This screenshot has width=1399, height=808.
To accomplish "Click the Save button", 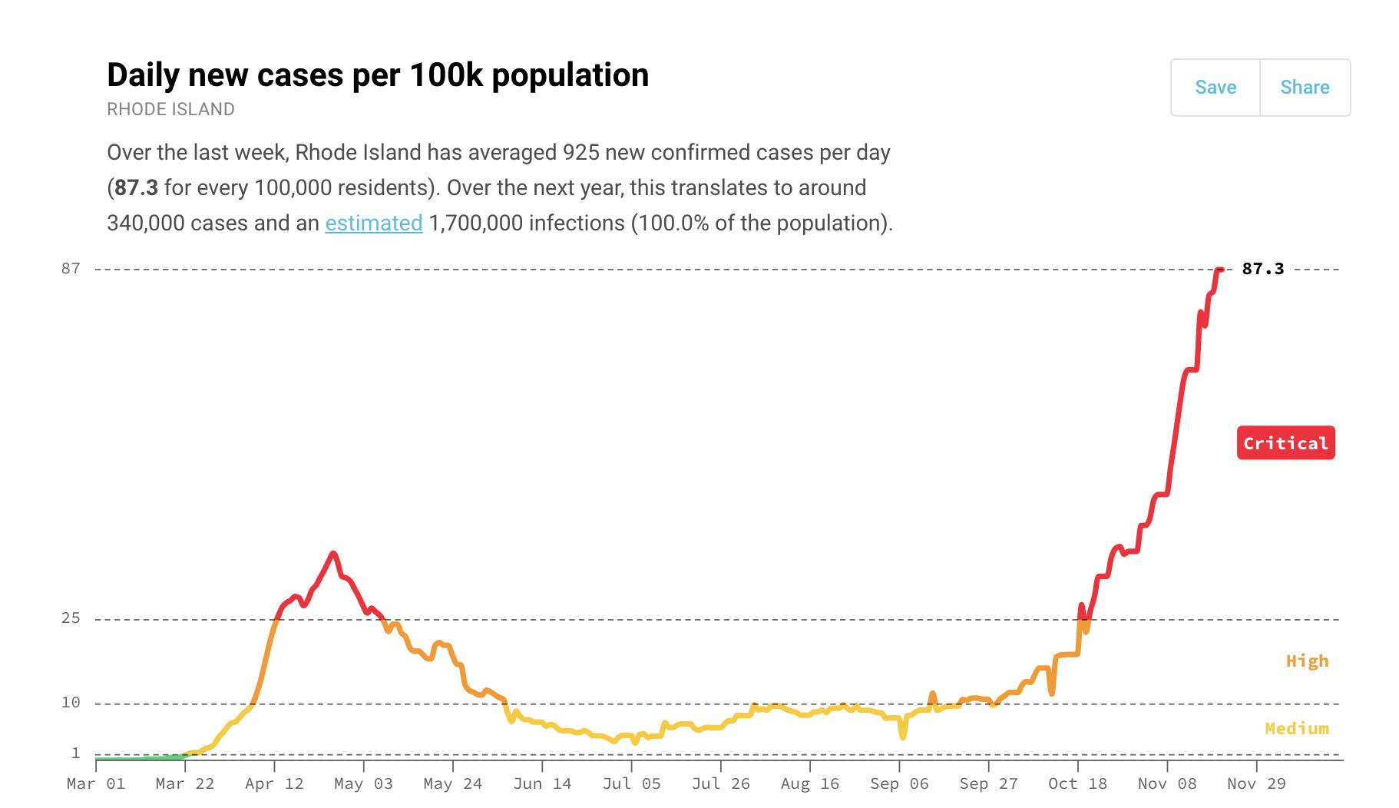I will pos(1215,88).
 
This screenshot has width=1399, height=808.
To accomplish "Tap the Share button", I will pos(1305,88).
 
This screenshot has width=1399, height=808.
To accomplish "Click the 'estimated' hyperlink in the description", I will pos(374,224).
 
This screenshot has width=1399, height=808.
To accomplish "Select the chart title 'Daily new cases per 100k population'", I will pos(378,75).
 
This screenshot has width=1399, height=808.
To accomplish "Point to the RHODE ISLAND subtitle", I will pos(170,109).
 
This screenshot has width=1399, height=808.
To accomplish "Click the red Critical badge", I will pos(1285,443).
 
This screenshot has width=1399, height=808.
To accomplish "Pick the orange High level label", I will pos(1307,661).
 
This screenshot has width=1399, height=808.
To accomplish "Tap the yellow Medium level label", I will pos(1297,728).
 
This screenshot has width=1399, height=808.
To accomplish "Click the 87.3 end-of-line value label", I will pos(1262,269).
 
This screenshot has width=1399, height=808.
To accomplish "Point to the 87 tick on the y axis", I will pos(71,269).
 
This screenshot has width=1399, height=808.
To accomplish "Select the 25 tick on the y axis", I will pos(71,618).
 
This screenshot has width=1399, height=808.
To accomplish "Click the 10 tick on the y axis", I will pos(71,703).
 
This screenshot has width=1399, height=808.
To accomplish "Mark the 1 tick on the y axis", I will pos(75,753).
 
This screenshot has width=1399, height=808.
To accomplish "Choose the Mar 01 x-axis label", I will pos(96,784).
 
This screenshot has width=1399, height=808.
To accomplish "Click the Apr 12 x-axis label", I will pos(274,784).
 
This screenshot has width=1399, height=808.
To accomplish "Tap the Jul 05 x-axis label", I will pos(631,784).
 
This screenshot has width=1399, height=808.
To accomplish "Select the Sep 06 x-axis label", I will pos(899,784).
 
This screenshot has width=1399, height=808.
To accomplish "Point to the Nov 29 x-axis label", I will pos(1256,784).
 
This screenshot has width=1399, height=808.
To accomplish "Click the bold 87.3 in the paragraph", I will pos(136,188).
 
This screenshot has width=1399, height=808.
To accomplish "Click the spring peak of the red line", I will pos(332,553).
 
